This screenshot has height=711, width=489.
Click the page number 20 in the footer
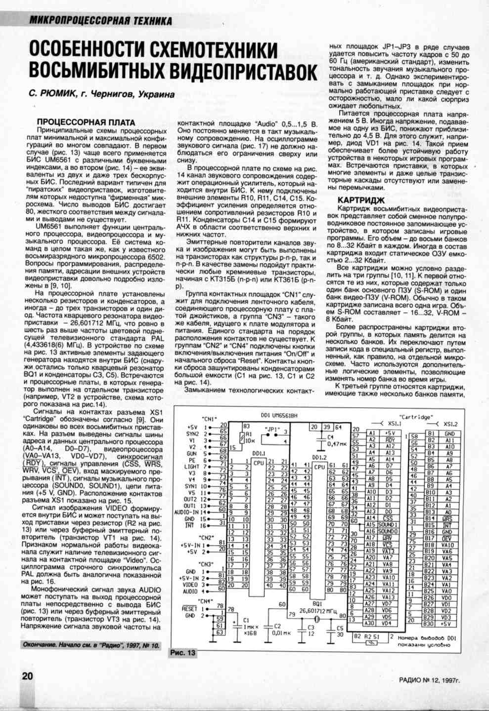point(27,675)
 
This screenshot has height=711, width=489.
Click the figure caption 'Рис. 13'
point(183,653)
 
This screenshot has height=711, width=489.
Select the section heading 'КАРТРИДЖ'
point(361,200)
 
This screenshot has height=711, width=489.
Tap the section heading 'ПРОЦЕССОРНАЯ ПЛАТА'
point(87,122)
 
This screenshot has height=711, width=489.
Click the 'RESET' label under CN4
point(189,608)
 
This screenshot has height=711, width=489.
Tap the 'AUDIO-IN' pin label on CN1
point(185,512)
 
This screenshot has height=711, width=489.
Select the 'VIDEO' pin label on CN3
point(190,584)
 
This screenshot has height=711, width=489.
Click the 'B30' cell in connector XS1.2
point(430,624)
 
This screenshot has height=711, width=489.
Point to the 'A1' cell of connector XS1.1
point(372,433)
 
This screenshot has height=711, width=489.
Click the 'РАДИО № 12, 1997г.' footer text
point(429,680)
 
